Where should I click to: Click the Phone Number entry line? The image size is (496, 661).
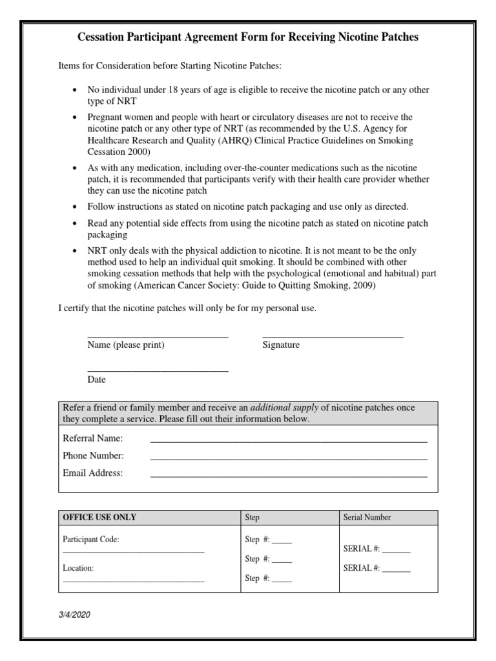click(289, 459)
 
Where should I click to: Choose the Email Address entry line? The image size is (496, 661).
click(289, 476)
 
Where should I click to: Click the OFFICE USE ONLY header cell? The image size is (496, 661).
click(99, 517)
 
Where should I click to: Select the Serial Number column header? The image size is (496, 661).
click(367, 517)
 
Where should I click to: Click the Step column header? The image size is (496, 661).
click(253, 517)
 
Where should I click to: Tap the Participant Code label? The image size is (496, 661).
click(91, 539)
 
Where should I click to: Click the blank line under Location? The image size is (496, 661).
click(133, 581)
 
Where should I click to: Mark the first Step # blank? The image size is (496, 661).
click(282, 543)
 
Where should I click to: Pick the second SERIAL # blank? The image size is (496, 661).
click(397, 571)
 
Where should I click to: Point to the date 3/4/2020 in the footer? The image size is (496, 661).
click(74, 615)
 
